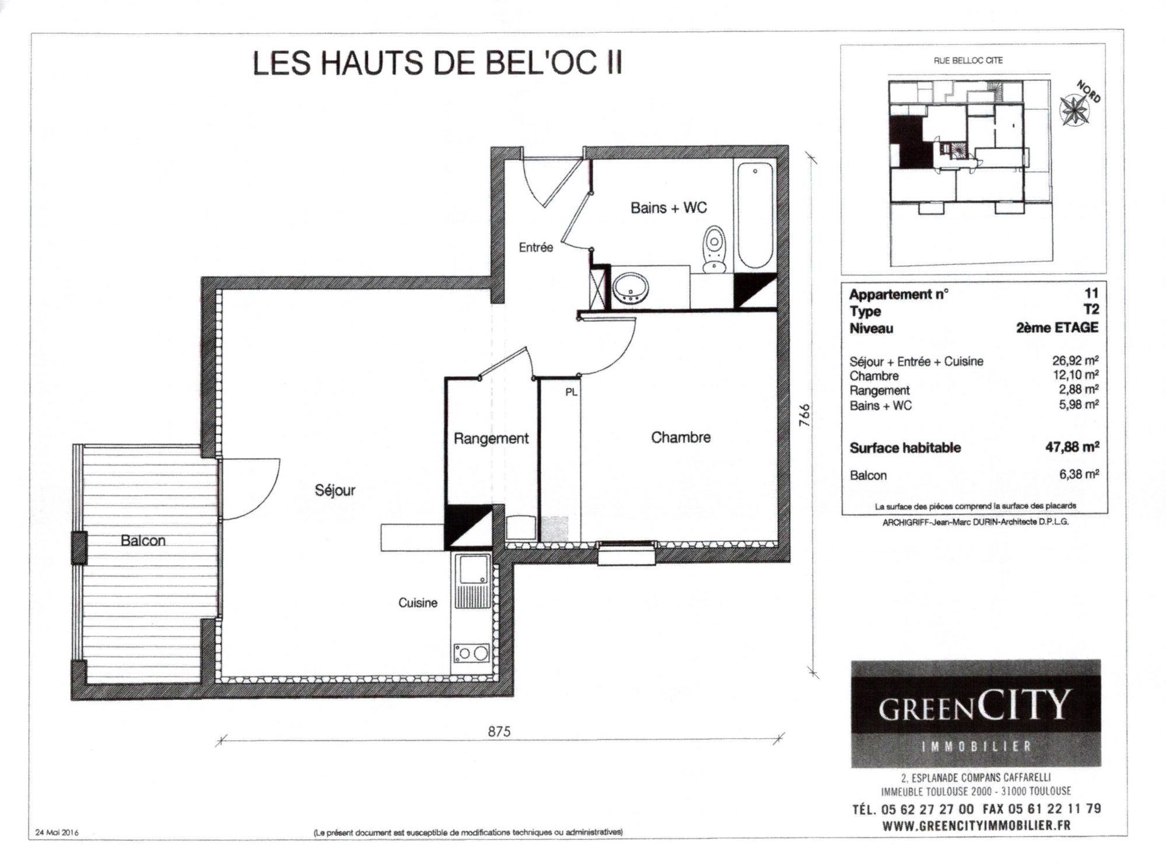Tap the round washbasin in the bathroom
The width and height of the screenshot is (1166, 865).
pos(631,288)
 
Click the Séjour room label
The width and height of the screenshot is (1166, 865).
pos(335,490)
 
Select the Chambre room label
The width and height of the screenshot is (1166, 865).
pos(681,437)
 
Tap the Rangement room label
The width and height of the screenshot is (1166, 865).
pos(491,438)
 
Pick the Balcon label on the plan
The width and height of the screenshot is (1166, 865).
pos(143,540)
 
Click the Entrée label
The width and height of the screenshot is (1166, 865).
pos(535,247)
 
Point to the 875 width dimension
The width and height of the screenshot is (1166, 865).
pos(499,731)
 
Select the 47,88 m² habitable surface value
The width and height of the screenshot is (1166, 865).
pos(1072,447)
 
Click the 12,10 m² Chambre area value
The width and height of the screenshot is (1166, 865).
pos(1076,375)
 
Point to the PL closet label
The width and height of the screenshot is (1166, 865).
pos(571,393)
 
